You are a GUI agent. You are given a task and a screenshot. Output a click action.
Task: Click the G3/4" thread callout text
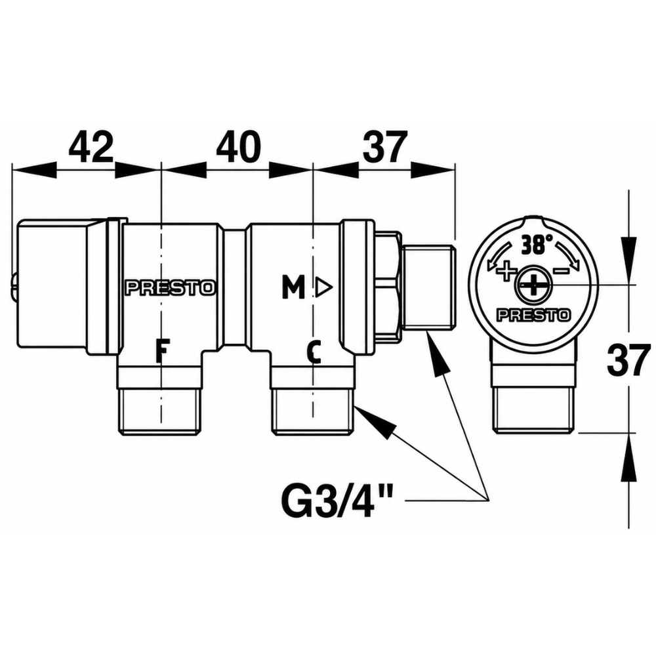(337, 500)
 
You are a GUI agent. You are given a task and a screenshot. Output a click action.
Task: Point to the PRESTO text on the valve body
(171, 288)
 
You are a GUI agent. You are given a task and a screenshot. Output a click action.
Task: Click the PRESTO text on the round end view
(533, 315)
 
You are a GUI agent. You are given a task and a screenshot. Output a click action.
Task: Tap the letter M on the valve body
(293, 288)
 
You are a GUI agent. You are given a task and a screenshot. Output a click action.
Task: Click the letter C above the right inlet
(314, 352)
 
